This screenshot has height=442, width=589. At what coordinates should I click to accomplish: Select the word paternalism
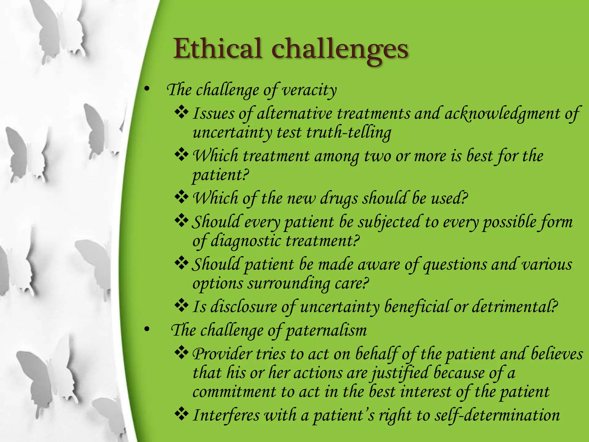pyautogui.click(x=326, y=330)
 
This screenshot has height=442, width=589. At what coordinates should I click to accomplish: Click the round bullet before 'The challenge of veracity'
pyautogui.click(x=147, y=90)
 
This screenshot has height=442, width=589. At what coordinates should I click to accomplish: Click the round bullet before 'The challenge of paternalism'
pyautogui.click(x=147, y=330)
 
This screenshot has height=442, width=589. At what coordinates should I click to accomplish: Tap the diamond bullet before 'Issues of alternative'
pyautogui.click(x=181, y=113)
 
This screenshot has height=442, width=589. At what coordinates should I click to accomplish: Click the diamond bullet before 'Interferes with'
pyautogui.click(x=181, y=415)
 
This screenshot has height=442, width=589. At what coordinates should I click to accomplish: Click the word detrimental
pyautogui.click(x=515, y=306)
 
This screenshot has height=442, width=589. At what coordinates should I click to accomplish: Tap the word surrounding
pyautogui.click(x=289, y=284)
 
